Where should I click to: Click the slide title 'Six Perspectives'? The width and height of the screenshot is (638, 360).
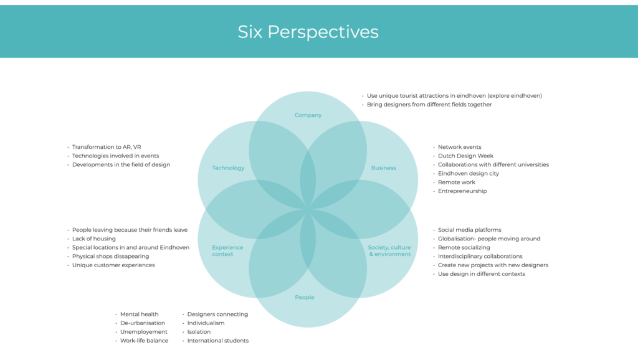click(308, 32)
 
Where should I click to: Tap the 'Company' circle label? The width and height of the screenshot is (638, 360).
click(308, 115)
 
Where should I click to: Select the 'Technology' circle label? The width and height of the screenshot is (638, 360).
click(228, 168)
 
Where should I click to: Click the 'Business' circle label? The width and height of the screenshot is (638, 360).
click(383, 168)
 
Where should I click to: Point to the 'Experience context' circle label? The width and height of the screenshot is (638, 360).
click(227, 250)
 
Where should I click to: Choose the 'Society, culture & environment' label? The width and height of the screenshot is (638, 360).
click(389, 250)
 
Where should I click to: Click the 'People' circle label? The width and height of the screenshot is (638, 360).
click(305, 298)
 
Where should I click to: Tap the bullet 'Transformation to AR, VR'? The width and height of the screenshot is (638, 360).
click(107, 147)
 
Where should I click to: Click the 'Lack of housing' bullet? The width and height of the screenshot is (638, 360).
click(94, 239)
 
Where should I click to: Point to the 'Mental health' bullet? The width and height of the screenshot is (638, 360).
click(140, 315)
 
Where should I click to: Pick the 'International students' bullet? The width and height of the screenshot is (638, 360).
click(217, 341)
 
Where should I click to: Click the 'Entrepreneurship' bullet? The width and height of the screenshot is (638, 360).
click(462, 191)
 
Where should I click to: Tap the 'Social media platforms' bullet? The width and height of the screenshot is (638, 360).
click(469, 230)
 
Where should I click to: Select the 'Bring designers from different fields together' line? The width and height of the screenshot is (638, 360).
click(429, 105)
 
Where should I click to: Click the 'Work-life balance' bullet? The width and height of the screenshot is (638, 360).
click(144, 341)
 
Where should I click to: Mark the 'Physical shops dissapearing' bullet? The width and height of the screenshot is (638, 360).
click(110, 256)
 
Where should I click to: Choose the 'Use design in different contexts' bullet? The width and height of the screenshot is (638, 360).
click(481, 274)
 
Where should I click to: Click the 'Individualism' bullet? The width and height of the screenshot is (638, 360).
click(206, 323)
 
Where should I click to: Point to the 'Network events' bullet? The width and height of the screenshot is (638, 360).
click(459, 147)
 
